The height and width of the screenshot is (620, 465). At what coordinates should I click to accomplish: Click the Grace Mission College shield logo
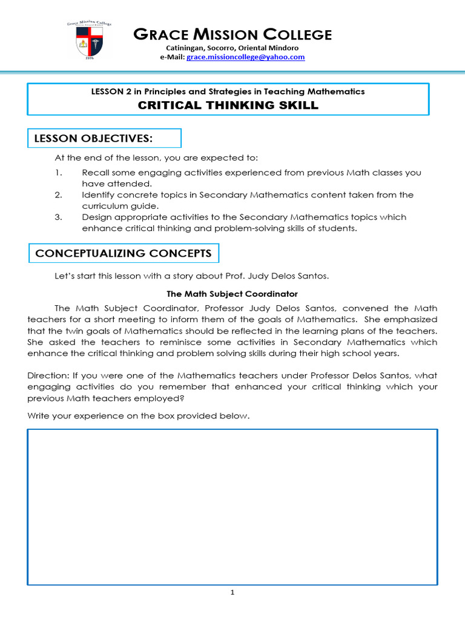(89, 42)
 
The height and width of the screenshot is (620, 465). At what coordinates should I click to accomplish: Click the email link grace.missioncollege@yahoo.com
(245, 57)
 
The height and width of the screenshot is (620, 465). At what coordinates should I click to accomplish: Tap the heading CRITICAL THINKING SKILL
(228, 105)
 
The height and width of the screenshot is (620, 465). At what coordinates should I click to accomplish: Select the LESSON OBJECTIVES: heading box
(104, 139)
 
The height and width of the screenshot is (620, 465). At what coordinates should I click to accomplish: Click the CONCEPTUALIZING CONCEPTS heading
(124, 253)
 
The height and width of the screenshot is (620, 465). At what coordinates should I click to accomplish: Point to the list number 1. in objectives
(58, 173)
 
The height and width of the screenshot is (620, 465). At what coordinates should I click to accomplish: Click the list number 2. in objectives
(58, 195)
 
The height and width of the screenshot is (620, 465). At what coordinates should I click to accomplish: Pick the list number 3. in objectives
(58, 217)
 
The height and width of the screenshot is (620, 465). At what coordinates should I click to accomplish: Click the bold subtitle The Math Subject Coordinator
(232, 294)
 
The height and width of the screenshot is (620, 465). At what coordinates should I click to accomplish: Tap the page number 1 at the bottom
(232, 593)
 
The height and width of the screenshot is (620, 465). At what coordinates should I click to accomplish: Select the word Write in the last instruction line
(39, 416)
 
